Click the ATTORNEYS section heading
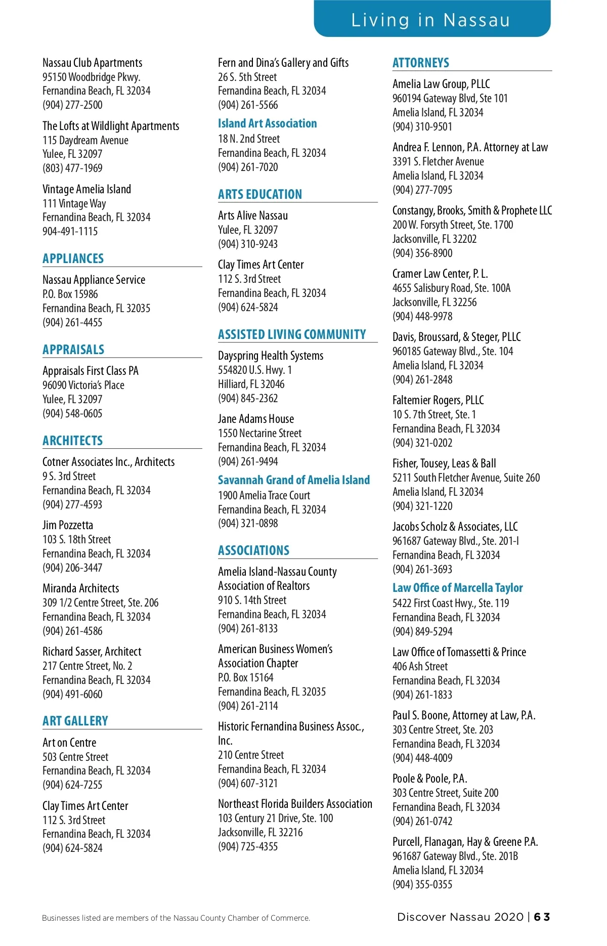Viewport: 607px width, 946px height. pos(420,63)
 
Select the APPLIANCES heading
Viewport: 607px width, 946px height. pos(73,259)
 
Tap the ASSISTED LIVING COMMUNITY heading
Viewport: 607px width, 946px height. pos(292,334)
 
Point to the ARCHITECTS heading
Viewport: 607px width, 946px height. pos(72,441)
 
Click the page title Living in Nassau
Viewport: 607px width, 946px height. pos(430,20)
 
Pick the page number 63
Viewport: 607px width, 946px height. pos(542,917)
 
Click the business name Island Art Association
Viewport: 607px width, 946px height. pos(267,123)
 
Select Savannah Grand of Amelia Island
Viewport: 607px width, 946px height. pos(293,480)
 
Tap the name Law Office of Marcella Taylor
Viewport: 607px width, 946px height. pos(457,588)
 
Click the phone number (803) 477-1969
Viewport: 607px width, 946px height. pos(72,168)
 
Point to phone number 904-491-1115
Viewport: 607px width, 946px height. pos(70,231)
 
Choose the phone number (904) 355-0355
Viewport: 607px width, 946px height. pos(422,884)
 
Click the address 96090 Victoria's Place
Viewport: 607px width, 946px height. pos(83,385)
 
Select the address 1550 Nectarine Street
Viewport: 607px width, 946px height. pos(259,433)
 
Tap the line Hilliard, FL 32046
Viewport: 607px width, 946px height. pos(251,384)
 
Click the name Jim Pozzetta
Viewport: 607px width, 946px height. pos(68,525)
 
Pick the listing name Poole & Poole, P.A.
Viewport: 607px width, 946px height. pos(429,779)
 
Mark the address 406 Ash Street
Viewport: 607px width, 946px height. pos(420,666)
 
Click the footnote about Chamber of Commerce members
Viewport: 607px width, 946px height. pos(176,918)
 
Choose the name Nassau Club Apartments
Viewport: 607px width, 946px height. pos(92,63)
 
